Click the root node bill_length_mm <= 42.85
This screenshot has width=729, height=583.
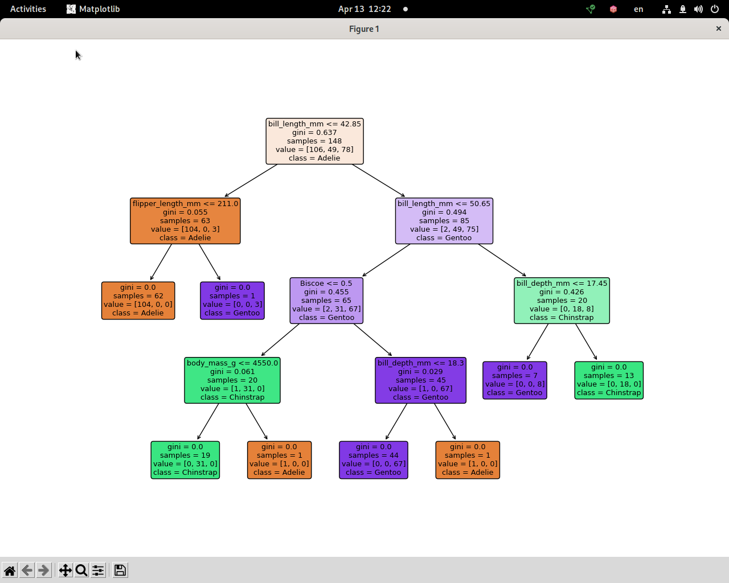[314, 141]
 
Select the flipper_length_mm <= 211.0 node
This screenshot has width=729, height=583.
[185, 221]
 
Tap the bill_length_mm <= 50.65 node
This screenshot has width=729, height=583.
[444, 221]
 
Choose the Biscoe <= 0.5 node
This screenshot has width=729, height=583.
[326, 301]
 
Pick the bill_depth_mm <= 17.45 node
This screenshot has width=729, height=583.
[562, 301]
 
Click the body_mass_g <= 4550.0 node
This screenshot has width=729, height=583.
[232, 380]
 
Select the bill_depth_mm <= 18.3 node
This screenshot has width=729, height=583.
[420, 380]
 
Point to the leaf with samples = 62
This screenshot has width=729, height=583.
[138, 301]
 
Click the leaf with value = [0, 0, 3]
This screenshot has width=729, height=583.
[232, 301]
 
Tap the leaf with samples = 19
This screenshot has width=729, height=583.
[185, 460]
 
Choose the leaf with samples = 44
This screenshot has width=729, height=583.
[374, 460]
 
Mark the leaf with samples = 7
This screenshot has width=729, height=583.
[515, 380]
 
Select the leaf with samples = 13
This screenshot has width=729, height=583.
[609, 380]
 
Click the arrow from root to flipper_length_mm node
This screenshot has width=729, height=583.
[251, 180]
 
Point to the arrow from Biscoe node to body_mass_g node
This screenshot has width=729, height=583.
[280, 340]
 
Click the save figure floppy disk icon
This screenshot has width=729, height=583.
[120, 570]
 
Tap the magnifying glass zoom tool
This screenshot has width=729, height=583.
[81, 570]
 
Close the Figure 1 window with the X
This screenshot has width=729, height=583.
[718, 28]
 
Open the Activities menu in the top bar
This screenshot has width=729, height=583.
[28, 9]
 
